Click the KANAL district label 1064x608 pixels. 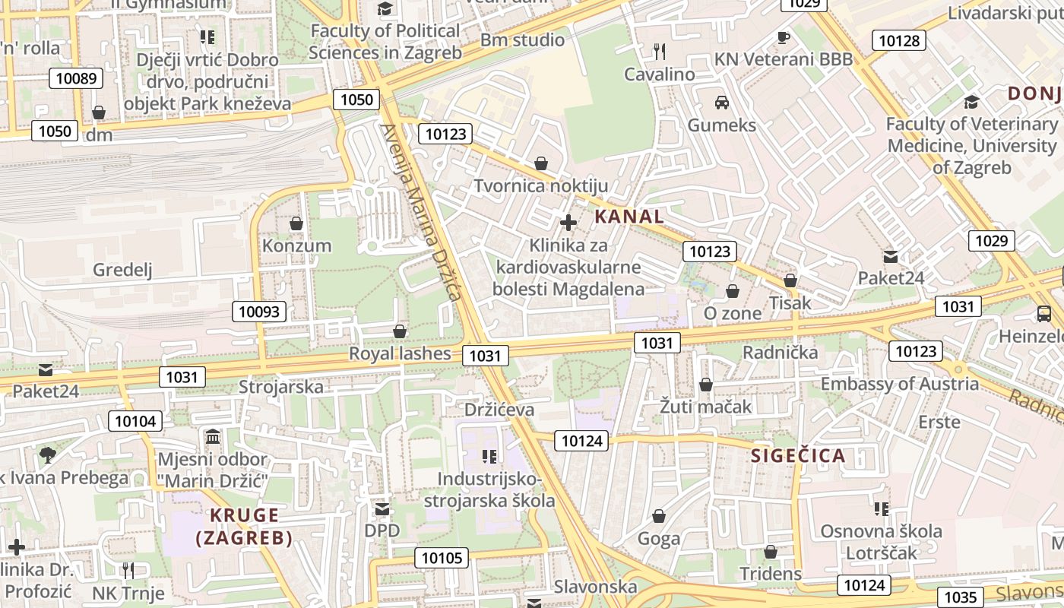click(629, 217)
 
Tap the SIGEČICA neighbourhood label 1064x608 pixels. click(798, 456)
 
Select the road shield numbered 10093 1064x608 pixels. click(260, 311)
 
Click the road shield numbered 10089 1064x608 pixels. click(77, 78)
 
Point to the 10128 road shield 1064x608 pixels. click(899, 41)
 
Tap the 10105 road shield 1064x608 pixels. click(442, 558)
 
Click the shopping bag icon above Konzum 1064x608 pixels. click(296, 223)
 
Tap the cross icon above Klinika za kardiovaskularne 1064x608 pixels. click(568, 223)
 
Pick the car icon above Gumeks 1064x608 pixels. click(722, 102)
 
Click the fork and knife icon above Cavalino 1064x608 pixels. click(660, 52)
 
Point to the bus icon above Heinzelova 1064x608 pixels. click(1044, 313)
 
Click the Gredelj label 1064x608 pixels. click(122, 270)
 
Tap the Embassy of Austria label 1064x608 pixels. click(900, 384)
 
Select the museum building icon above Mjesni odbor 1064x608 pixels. click(213, 437)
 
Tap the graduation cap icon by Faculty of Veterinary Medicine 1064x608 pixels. click(971, 102)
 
